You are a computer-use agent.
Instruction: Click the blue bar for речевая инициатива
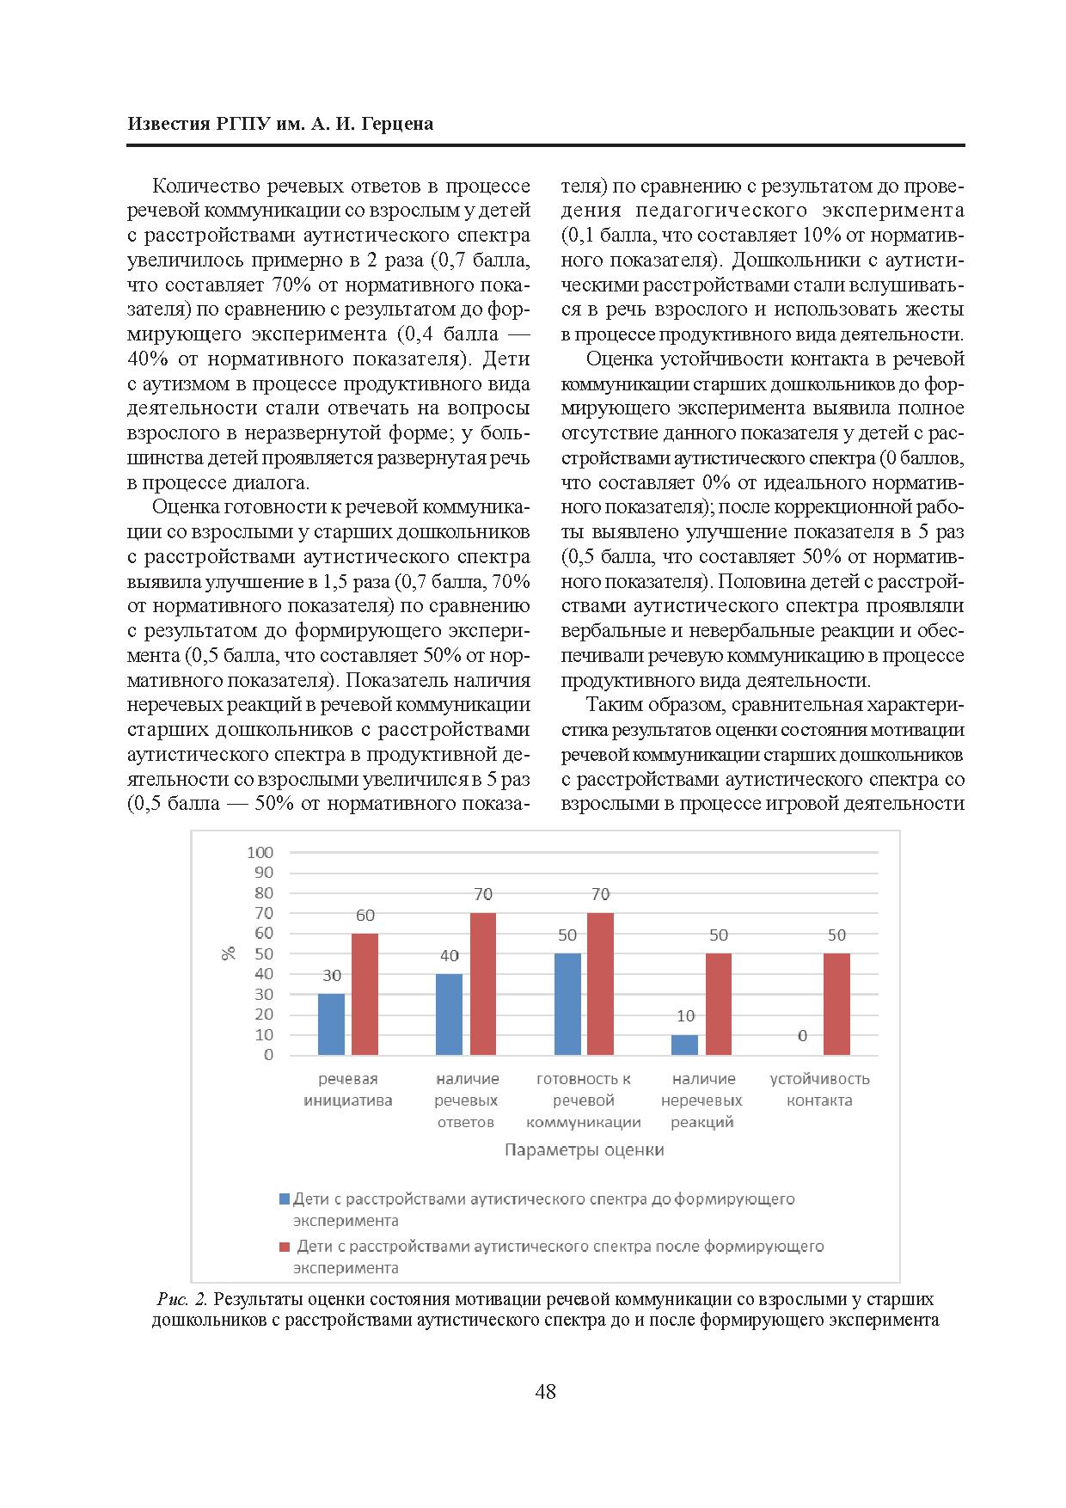pyautogui.click(x=331, y=1024)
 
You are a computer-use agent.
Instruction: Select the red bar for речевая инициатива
pyautogui.click(x=365, y=994)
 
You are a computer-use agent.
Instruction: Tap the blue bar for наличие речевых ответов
pyautogui.click(x=449, y=1015)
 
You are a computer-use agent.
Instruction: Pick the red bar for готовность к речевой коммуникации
pyautogui.click(x=600, y=984)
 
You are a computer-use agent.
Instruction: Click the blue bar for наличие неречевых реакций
pyautogui.click(x=684, y=1045)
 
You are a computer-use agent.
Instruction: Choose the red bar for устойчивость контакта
pyautogui.click(x=836, y=1004)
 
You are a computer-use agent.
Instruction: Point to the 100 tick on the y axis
pyautogui.click(x=260, y=853)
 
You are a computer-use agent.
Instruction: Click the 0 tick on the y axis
pyautogui.click(x=268, y=1055)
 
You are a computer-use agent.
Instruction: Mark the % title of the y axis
pyautogui.click(x=229, y=953)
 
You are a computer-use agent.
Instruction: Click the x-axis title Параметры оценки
pyautogui.click(x=584, y=1150)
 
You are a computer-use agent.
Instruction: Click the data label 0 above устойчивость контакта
pyautogui.click(x=802, y=1036)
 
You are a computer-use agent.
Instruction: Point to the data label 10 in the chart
pyautogui.click(x=685, y=1016)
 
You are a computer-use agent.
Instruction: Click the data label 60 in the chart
pyautogui.click(x=365, y=916)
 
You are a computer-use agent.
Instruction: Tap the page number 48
pyautogui.click(x=545, y=1392)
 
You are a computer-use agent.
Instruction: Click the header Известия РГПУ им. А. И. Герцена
pyautogui.click(x=280, y=124)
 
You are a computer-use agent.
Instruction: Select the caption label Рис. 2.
pyautogui.click(x=182, y=1299)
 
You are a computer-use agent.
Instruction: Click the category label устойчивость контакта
pyautogui.click(x=819, y=1089)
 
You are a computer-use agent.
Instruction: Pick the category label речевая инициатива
pyautogui.click(x=347, y=1089)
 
